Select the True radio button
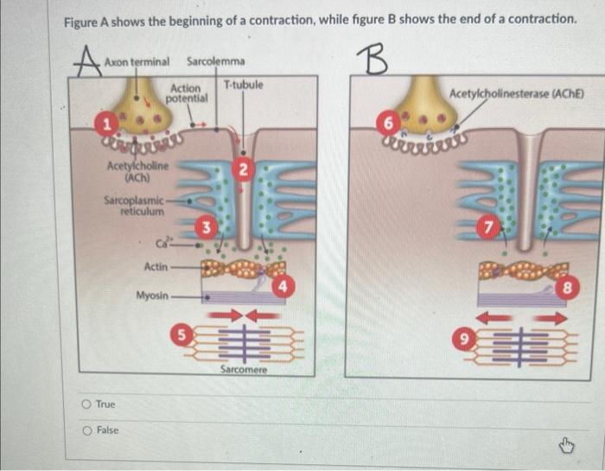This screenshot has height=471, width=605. [x=86, y=404]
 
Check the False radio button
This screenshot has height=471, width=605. [x=86, y=430]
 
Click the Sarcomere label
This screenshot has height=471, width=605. [x=244, y=369]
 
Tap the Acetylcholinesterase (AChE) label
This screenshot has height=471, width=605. [x=517, y=93]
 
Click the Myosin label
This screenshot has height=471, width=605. [x=152, y=296]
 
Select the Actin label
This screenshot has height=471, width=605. [x=156, y=267]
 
